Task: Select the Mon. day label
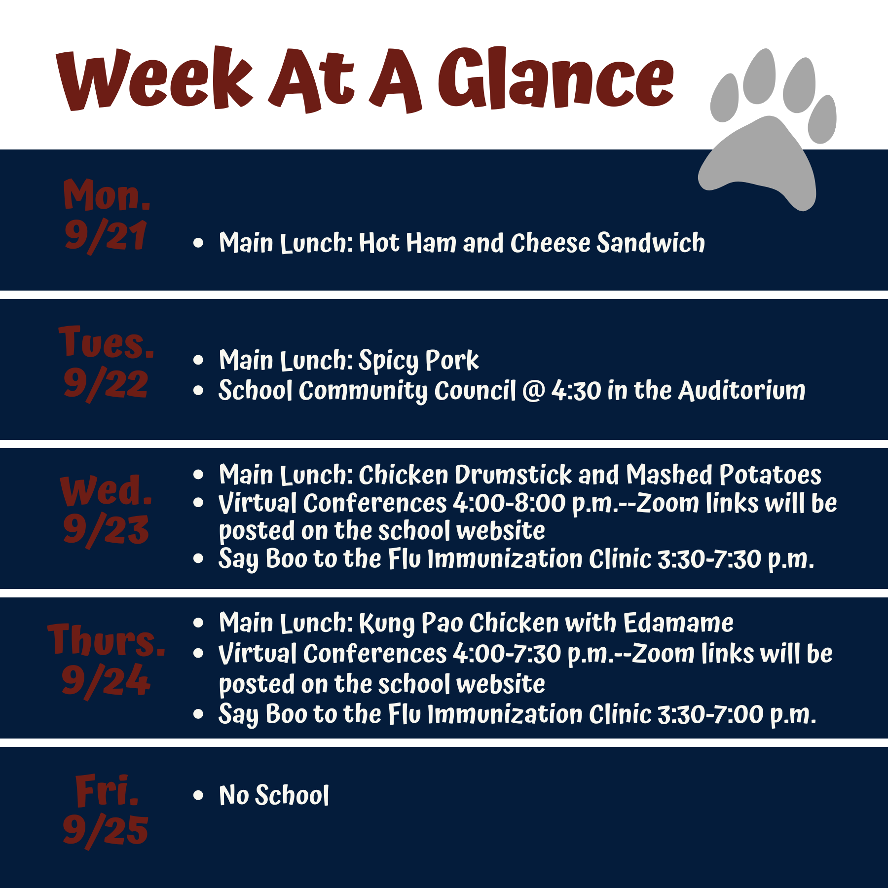click(x=107, y=195)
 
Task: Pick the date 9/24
click(x=106, y=681)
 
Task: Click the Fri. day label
click(x=107, y=790)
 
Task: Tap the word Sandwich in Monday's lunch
click(x=651, y=243)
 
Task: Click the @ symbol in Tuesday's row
click(x=533, y=391)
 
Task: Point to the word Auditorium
click(x=742, y=391)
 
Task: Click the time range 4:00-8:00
click(x=509, y=503)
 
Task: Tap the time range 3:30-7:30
click(x=709, y=559)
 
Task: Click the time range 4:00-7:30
click(x=507, y=654)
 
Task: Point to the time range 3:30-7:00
click(x=710, y=715)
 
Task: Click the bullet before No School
click(x=198, y=795)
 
